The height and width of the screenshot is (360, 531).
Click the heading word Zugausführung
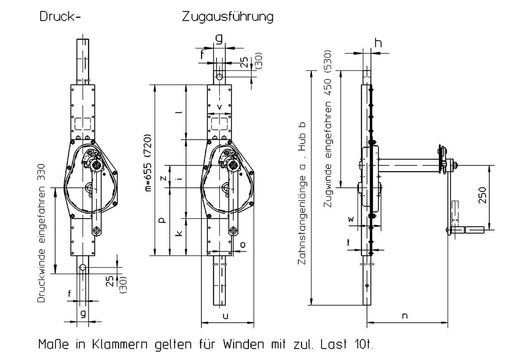click(228, 17)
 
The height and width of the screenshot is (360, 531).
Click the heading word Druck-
click(60, 17)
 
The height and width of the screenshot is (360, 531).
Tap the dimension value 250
click(482, 195)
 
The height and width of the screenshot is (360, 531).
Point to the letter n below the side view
click(405, 316)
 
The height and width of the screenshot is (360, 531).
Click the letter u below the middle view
click(226, 316)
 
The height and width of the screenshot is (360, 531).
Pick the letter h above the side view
click(379, 43)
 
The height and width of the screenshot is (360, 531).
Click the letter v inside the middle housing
click(220, 107)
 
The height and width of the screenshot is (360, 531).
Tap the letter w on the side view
click(351, 219)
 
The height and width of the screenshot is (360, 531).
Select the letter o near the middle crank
click(243, 245)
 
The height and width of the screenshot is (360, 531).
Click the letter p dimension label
click(162, 220)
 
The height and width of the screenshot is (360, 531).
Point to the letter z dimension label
click(163, 178)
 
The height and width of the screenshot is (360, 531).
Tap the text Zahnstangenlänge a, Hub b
click(302, 193)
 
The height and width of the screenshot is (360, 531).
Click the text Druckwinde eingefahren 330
click(41, 233)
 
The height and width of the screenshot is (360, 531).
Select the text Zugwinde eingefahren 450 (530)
click(328, 129)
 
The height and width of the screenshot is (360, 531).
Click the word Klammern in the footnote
click(119, 344)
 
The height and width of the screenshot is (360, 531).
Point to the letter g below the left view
click(83, 314)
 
